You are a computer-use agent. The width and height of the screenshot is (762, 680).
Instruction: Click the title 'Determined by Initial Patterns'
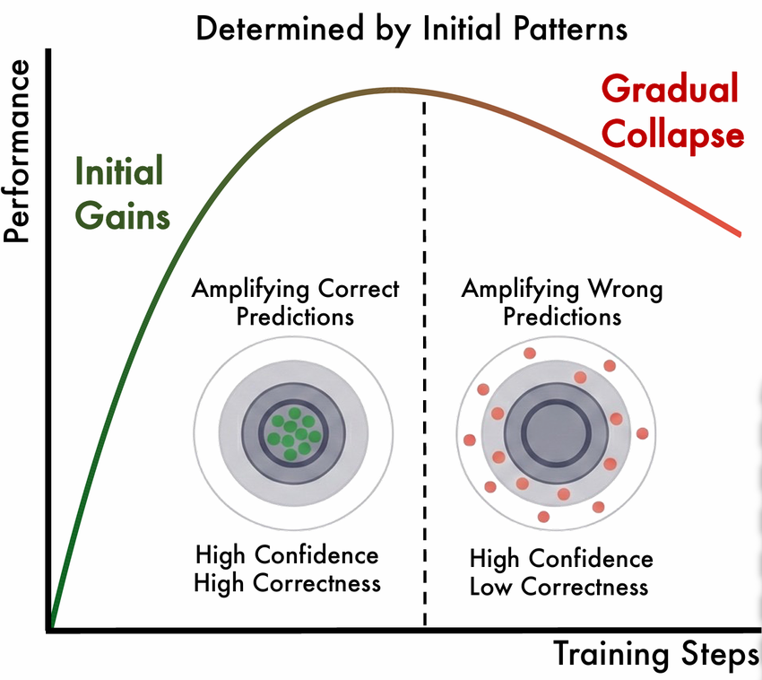[411, 29]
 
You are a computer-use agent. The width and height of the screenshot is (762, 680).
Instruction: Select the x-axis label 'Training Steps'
[655, 654]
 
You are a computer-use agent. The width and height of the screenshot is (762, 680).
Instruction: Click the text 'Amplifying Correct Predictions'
[295, 303]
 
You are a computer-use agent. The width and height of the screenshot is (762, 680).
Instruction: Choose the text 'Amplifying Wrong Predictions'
[561, 303]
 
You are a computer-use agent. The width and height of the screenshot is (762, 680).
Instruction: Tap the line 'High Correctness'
[287, 583]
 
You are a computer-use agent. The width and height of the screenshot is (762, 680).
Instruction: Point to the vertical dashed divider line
[424, 359]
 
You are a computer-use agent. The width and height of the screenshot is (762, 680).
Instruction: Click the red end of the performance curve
[738, 233]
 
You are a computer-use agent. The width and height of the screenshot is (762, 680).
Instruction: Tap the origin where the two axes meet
[51, 629]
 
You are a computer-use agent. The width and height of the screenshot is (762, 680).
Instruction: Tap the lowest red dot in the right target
[544, 517]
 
